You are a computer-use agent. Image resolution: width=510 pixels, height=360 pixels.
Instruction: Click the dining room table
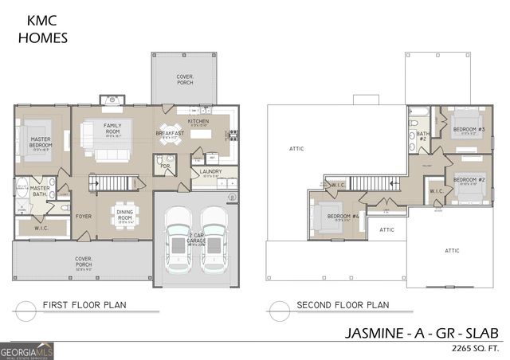[x=124, y=213]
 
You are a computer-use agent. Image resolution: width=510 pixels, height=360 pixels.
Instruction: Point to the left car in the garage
[x=179, y=237]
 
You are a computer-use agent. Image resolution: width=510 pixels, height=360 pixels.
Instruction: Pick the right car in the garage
[x=213, y=237]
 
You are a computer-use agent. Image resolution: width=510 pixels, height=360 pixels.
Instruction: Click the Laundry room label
[x=211, y=171]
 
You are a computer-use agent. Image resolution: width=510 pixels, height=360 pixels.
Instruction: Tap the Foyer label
[x=84, y=216]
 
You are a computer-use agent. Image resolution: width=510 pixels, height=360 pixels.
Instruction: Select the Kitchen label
[x=198, y=121]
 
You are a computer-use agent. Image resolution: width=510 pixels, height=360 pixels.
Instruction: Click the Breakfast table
[x=169, y=139]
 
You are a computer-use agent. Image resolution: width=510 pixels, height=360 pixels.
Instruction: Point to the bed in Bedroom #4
[x=327, y=216]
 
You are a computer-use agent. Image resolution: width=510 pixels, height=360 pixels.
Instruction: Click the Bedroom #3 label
[x=469, y=129]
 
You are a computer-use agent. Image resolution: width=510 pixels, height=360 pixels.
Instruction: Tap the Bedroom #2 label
[x=469, y=180]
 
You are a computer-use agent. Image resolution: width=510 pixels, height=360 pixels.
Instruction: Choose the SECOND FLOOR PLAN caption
[x=342, y=304]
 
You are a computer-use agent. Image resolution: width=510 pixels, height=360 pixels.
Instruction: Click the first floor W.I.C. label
[x=41, y=229]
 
